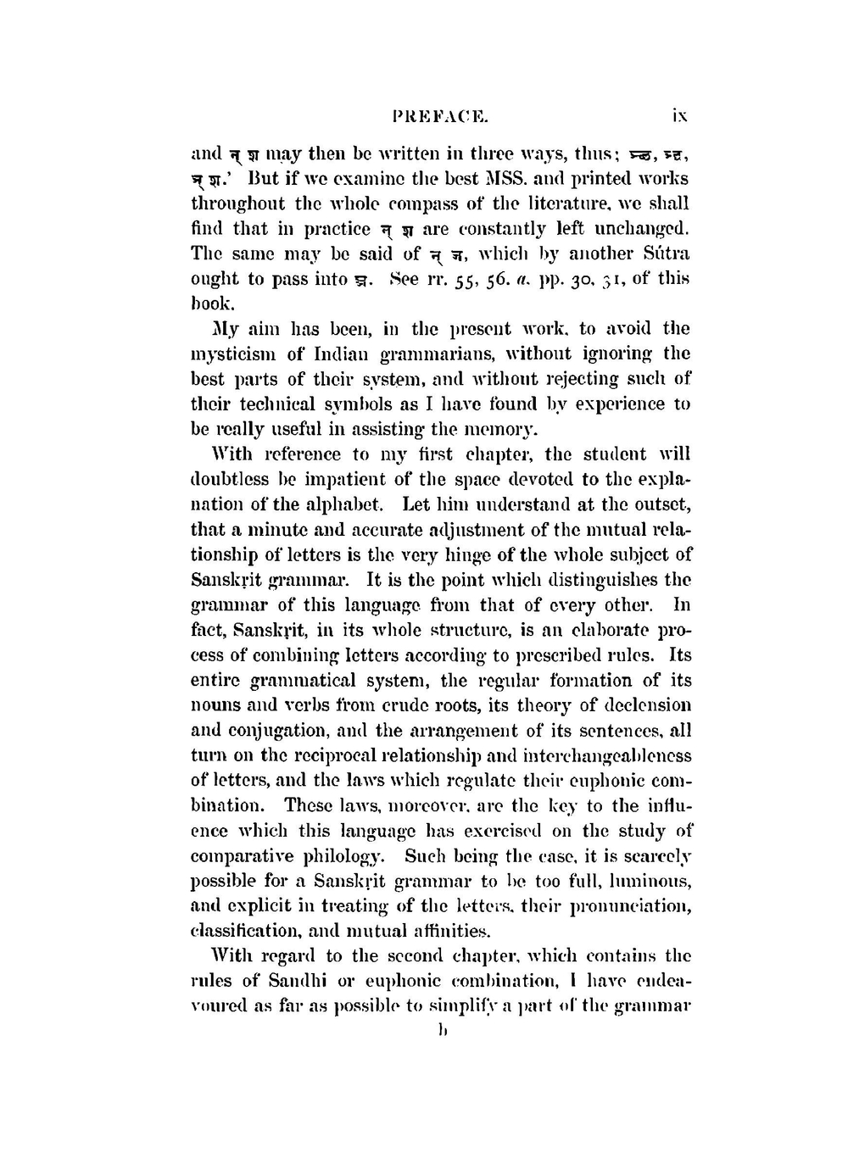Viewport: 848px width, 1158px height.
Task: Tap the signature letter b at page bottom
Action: tap(440, 1031)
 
